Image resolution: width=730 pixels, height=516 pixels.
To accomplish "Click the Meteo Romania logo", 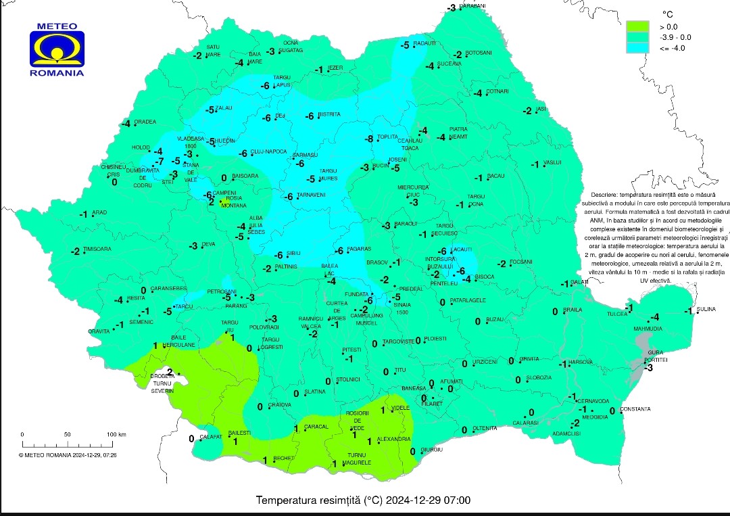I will (57, 50).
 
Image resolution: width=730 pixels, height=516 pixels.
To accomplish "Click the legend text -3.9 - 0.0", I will (675, 37).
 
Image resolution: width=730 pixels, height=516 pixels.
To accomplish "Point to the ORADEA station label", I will (145, 122).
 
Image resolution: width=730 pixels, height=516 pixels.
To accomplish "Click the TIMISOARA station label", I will (97, 249).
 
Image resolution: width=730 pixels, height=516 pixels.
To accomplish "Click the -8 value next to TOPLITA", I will (369, 139).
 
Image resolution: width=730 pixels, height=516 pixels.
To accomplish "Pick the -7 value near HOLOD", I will (158, 162).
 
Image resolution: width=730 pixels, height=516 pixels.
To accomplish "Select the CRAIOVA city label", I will (279, 405).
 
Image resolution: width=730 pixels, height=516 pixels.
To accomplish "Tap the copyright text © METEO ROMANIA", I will (68, 455).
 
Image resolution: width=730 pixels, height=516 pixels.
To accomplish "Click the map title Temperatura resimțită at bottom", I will (364, 501).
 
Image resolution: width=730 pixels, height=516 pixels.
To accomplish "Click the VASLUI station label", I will (553, 162).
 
